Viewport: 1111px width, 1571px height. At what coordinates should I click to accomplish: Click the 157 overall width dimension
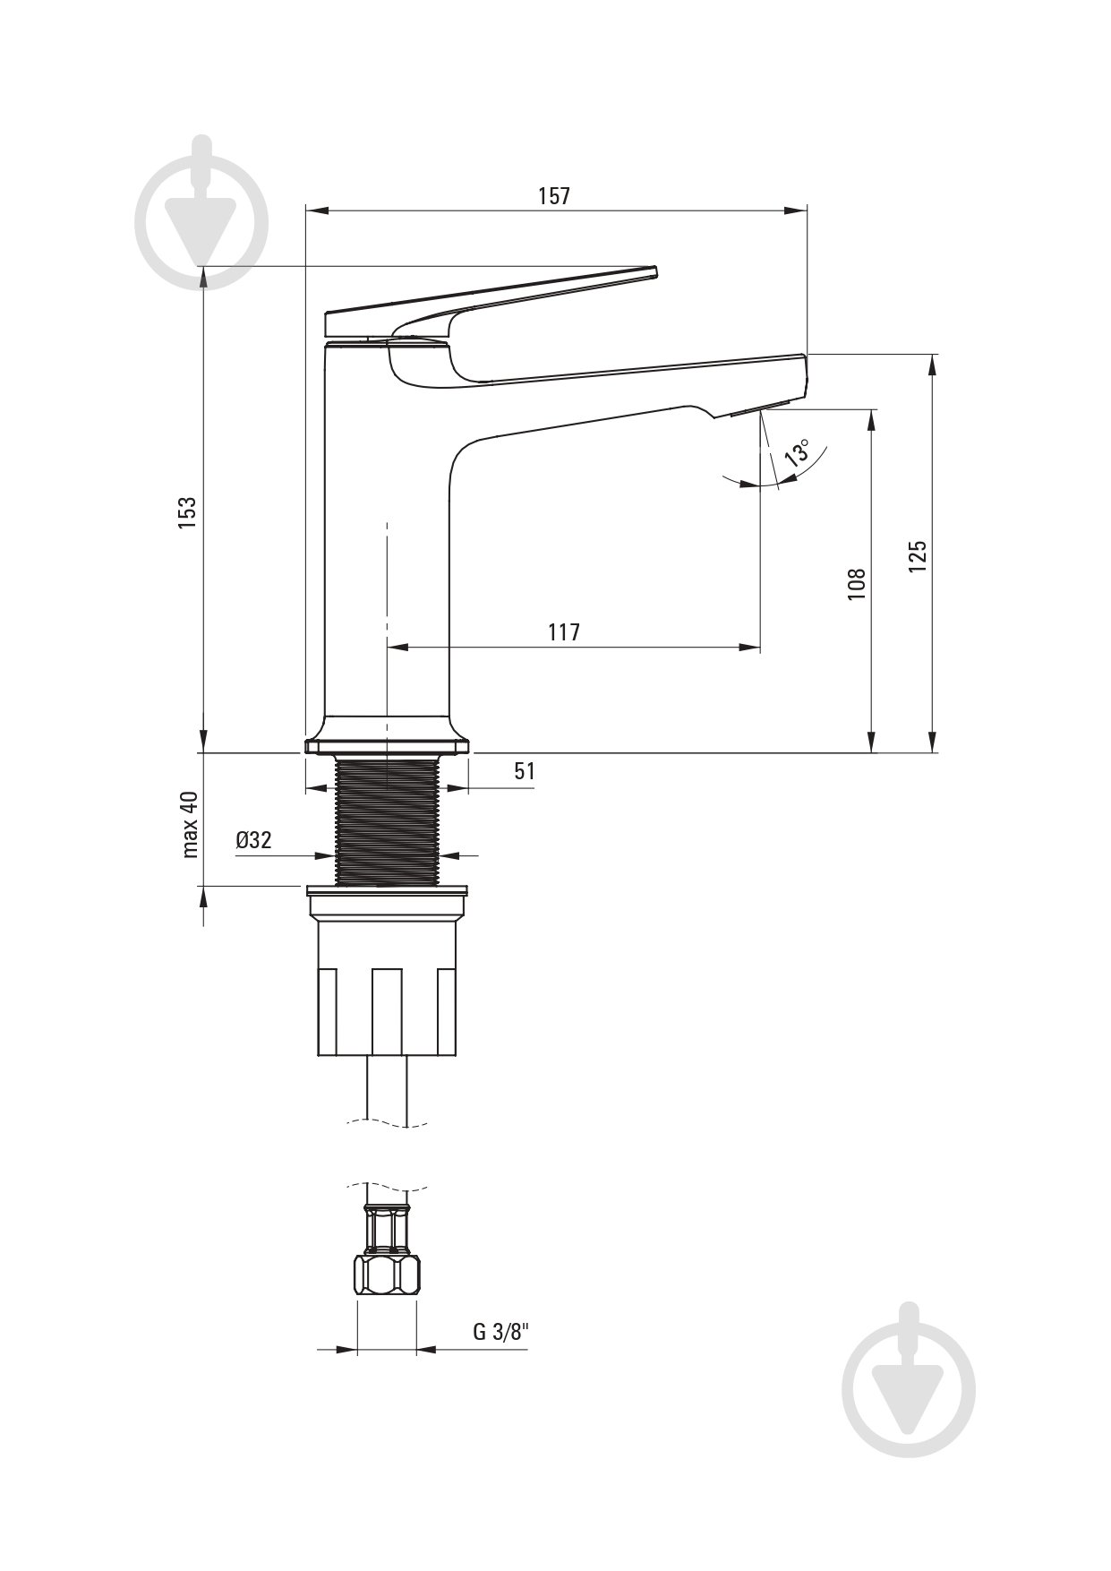point(554,196)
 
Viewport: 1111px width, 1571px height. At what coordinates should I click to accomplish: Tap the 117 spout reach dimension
point(564,632)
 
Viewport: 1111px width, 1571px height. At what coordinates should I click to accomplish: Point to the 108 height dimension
point(857,583)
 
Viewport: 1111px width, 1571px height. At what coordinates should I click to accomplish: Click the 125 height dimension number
point(918,556)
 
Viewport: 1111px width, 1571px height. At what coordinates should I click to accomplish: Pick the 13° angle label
point(796,452)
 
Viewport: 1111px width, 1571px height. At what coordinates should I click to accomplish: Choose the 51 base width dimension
point(525,771)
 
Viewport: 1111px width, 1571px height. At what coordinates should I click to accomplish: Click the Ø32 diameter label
point(253,840)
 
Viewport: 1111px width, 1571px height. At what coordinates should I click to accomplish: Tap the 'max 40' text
point(190,824)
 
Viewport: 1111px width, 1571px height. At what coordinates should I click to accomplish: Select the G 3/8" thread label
point(501,1332)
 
